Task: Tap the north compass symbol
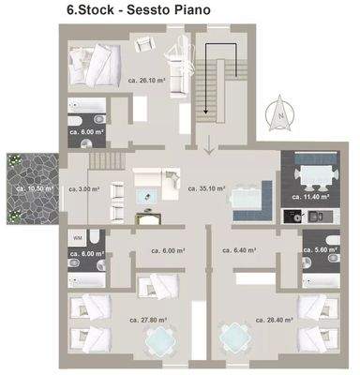277,113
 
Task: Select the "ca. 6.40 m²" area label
247,250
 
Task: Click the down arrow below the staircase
207,145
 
